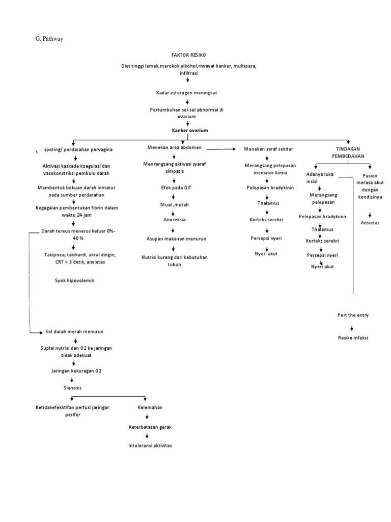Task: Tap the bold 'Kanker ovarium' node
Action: tap(190, 130)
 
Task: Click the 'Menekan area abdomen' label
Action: tap(175, 148)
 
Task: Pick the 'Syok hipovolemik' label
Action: tap(75, 280)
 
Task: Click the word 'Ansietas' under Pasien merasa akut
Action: tap(370, 223)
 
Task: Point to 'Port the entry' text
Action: tap(353, 315)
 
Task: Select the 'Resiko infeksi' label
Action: tap(353, 337)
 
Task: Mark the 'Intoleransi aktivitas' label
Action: tap(150, 446)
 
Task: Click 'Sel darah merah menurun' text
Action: tap(74, 332)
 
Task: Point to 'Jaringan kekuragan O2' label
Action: tap(76, 371)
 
